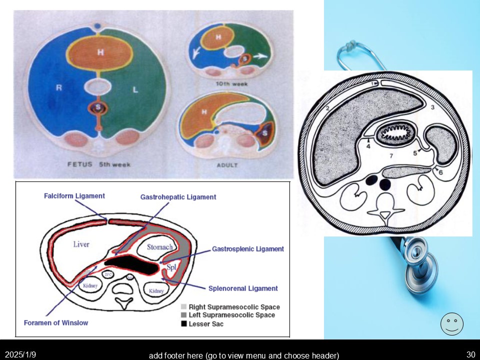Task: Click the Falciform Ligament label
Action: tap(74, 196)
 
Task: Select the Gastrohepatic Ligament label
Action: tap(178, 197)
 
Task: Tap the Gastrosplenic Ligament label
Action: tap(247, 248)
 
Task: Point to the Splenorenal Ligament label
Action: tap(243, 288)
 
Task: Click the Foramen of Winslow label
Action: tap(56, 322)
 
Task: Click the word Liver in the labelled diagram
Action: tap(81, 244)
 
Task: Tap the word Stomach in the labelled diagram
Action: tap(159, 246)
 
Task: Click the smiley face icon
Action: tap(451, 323)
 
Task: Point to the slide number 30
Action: tap(470, 354)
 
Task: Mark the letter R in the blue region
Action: tap(58, 88)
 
